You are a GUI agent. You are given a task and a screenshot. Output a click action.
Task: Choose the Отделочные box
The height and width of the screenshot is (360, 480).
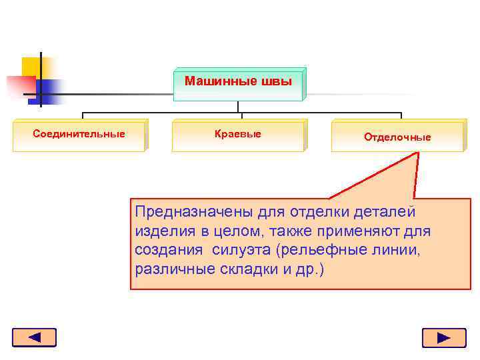click(x=397, y=137)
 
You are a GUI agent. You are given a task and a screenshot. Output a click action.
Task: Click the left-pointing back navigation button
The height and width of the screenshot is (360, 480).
click(x=34, y=337)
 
